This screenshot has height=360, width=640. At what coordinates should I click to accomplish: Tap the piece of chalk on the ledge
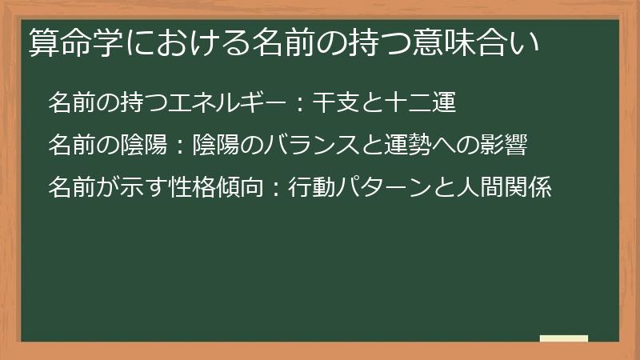point(564,338)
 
